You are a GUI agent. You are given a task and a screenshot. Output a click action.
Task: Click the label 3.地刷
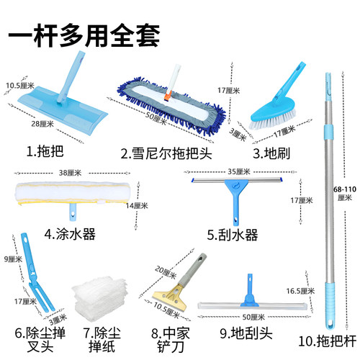[x=271, y=151]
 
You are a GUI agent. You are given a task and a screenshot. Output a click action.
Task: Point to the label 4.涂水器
[x=70, y=233]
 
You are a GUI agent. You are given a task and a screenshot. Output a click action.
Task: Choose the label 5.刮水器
[x=233, y=235]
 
